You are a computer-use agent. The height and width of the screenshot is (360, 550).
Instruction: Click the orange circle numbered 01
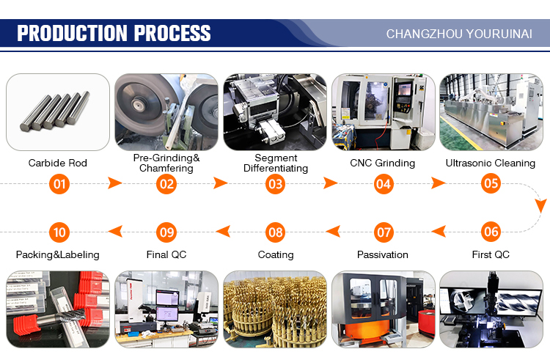tap(59, 184)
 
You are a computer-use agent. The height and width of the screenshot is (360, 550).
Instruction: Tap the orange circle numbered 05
tap(491, 183)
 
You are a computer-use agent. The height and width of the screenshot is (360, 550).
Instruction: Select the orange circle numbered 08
tap(275, 232)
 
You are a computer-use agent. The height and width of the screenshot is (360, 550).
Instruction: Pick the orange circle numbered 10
tap(59, 232)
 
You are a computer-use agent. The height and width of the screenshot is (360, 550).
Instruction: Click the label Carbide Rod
tap(57, 163)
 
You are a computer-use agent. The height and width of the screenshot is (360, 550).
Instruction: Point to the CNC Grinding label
tap(382, 163)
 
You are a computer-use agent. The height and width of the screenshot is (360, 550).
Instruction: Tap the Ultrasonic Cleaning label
tap(491, 163)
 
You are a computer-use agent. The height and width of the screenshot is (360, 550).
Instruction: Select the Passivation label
tap(382, 254)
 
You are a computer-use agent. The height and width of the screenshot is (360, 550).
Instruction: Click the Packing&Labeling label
tap(57, 255)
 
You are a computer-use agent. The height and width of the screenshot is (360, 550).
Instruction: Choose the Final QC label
tap(166, 254)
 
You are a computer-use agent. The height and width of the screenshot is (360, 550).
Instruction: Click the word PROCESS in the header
tap(172, 33)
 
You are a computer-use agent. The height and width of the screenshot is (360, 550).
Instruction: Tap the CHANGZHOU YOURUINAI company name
tap(459, 34)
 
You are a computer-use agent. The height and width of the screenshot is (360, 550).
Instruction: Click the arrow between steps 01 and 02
tap(114, 183)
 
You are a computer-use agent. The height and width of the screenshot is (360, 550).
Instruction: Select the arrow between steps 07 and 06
tap(439, 232)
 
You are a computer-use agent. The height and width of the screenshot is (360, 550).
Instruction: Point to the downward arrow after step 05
tap(541, 205)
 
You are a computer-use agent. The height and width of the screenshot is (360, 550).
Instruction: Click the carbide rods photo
tap(58, 112)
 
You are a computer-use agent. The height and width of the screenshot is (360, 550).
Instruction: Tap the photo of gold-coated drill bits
tap(275, 309)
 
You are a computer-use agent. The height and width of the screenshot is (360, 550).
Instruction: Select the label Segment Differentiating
tap(276, 163)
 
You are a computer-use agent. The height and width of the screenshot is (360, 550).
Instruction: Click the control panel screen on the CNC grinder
tap(404, 89)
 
